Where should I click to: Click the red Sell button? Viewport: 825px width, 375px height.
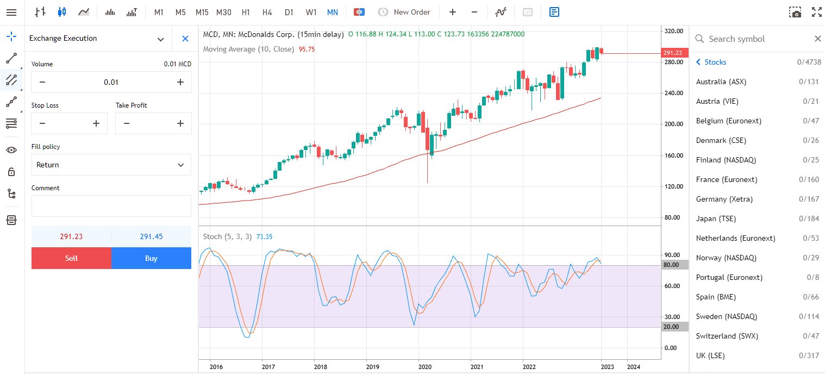[x=71, y=258]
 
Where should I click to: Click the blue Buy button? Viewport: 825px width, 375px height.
[x=151, y=258]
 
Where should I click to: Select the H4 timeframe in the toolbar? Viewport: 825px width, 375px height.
[x=267, y=12]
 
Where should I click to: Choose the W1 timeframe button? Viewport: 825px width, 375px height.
[x=311, y=12]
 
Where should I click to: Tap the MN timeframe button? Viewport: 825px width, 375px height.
[x=332, y=12]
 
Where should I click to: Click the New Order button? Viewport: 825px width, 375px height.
[x=404, y=12]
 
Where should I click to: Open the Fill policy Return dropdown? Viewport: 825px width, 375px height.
[x=111, y=165]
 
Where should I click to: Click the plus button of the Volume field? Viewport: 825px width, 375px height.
[x=180, y=82]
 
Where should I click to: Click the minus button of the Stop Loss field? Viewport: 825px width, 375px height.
[x=42, y=123]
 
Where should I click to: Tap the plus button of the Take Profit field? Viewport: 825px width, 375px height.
[x=180, y=123]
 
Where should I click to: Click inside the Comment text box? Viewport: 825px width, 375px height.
[x=111, y=206]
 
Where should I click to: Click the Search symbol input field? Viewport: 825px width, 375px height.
[x=755, y=39]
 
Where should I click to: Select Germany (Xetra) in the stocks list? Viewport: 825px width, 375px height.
[x=724, y=199]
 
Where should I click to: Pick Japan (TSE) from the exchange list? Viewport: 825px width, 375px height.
[x=716, y=218]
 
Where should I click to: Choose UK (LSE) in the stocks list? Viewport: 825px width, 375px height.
[x=710, y=355]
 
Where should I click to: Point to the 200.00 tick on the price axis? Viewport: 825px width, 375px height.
[x=673, y=124]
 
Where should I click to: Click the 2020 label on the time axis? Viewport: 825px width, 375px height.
[x=424, y=367]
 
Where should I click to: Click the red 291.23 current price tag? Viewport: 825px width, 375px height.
[x=672, y=53]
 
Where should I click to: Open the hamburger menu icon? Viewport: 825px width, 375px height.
[x=11, y=12]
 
